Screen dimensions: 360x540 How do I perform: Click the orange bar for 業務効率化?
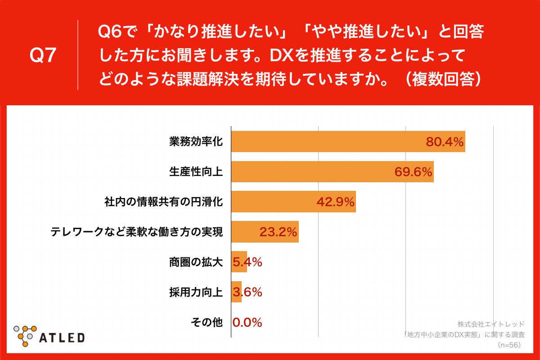(328, 142)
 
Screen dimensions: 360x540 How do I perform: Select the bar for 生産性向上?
(310, 171)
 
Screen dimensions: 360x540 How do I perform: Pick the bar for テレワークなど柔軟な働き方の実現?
(245, 232)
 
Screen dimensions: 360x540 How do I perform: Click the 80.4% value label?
(445, 142)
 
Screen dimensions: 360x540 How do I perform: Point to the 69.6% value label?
(413, 172)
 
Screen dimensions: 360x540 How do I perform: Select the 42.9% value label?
(336, 202)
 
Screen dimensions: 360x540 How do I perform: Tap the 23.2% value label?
(278, 232)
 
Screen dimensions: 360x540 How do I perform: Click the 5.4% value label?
(247, 262)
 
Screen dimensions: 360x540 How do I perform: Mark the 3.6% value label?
(247, 292)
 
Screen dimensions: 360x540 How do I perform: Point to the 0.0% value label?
(247, 322)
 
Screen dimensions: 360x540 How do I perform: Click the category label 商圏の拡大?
(196, 262)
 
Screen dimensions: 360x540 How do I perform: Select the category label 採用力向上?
(196, 292)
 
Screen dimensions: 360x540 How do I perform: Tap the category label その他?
(207, 322)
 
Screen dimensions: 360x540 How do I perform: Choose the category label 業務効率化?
(196, 142)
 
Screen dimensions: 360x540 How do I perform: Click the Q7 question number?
(43, 55)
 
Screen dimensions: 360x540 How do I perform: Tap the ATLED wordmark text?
(63, 337)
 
